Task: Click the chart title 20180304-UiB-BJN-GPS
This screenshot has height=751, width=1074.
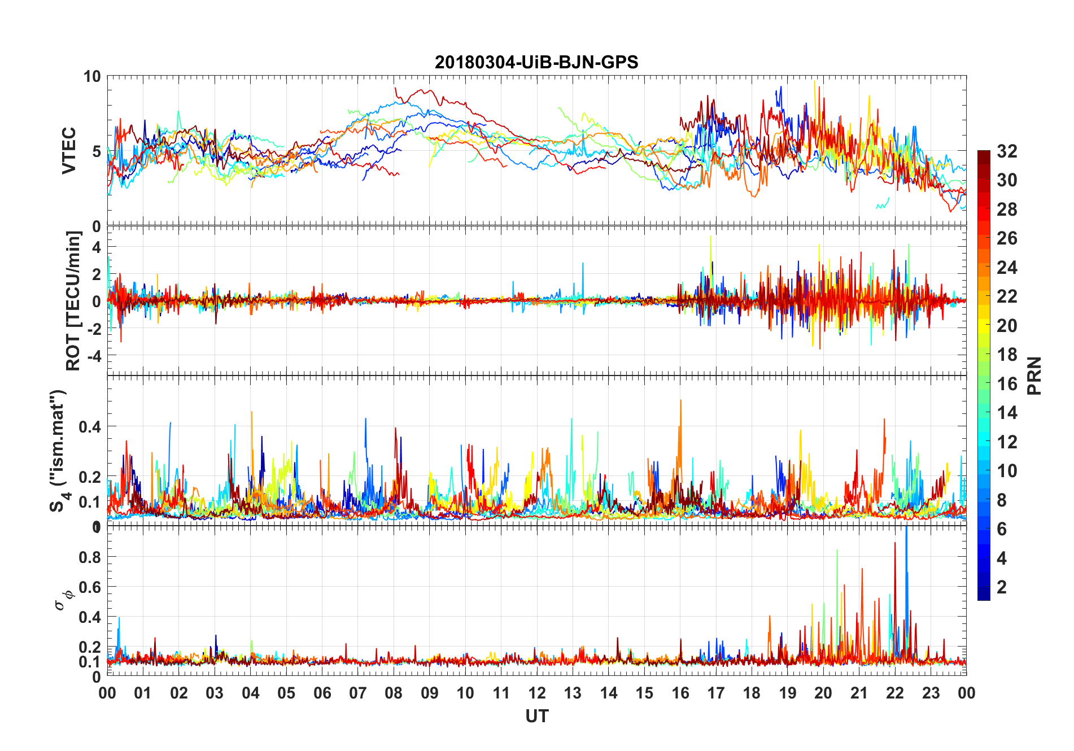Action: (536, 62)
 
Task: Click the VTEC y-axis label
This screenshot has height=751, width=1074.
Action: (69, 151)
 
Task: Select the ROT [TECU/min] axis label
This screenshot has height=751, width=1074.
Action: (73, 300)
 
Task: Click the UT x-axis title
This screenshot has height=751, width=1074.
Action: (536, 716)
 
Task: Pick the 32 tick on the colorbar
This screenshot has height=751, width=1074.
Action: (1007, 151)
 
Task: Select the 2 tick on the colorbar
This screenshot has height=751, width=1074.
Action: (1002, 587)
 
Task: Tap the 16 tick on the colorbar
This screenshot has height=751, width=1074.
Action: (1007, 383)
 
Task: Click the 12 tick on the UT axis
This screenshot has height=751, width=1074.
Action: (537, 693)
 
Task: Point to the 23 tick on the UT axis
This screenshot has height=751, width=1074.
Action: (931, 693)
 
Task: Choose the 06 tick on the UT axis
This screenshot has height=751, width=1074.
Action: (322, 693)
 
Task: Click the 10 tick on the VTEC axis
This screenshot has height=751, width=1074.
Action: (92, 77)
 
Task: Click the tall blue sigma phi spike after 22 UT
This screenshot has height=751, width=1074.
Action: (906, 536)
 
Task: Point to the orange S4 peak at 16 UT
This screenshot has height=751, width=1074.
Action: (680, 402)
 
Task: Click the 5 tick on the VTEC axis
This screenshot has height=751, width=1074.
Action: (96, 151)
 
